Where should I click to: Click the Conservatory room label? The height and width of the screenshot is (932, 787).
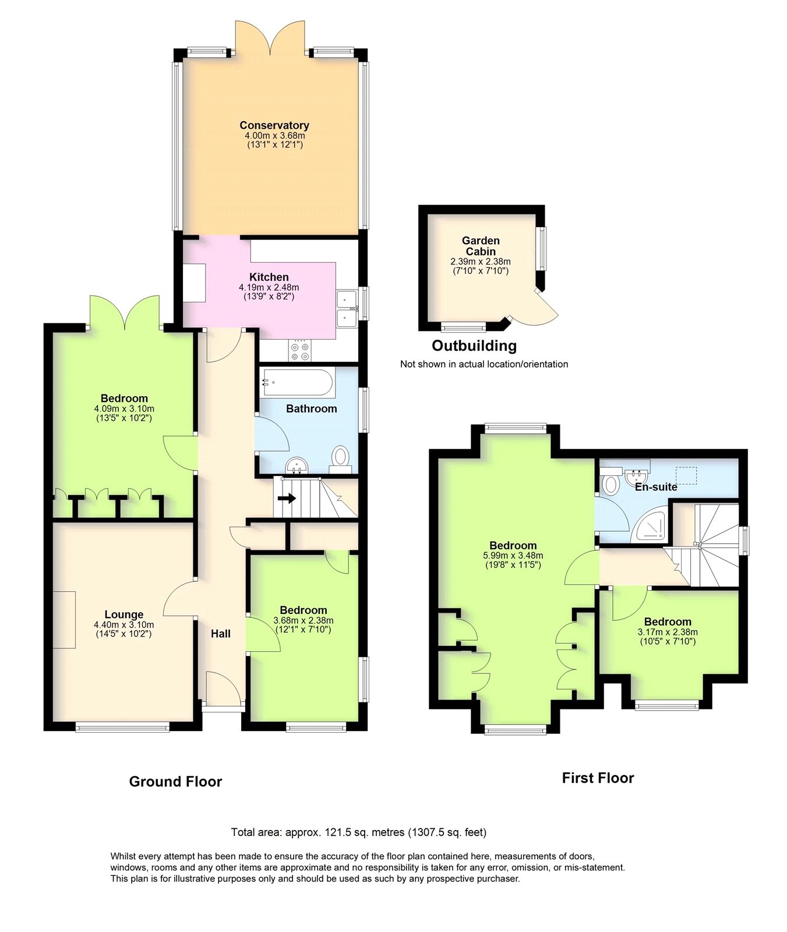tap(274, 125)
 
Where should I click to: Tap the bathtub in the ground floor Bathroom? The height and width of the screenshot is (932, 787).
tap(298, 383)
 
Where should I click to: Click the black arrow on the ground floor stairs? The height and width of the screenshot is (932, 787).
tap(287, 499)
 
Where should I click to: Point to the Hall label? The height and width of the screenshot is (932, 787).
tap(221, 634)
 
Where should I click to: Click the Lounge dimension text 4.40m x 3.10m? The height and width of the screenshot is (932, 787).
tap(124, 625)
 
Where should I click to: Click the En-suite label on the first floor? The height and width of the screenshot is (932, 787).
tap(656, 487)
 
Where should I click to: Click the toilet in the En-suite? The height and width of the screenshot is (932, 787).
tap(610, 482)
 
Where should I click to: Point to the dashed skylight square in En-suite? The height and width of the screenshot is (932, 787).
tap(686, 475)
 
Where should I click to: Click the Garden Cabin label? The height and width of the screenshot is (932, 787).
tap(481, 246)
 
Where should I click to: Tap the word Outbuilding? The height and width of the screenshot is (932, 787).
tap(474, 346)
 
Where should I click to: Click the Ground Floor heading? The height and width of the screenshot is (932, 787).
tap(175, 782)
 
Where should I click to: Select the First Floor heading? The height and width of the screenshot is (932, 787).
tap(598, 778)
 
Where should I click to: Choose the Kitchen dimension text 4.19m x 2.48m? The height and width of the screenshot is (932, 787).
tap(269, 287)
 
